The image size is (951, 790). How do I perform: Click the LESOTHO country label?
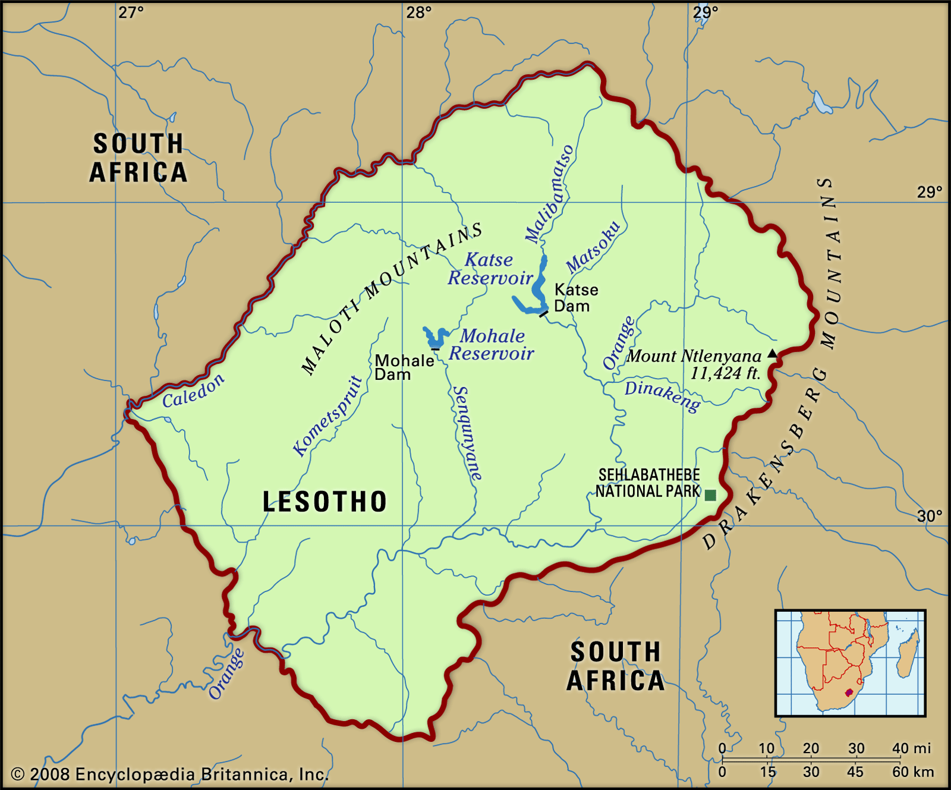click(325, 502)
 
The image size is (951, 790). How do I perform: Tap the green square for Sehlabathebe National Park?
click(710, 495)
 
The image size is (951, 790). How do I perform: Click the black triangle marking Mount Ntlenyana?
click(772, 354)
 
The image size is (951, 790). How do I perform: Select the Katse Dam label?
click(575, 298)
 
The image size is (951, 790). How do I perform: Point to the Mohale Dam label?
click(403, 367)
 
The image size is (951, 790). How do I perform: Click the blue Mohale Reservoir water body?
click(436, 338)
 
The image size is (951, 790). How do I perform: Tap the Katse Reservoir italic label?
click(490, 269)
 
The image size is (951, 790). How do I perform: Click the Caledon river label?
click(194, 391)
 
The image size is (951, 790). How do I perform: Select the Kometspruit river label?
click(328, 416)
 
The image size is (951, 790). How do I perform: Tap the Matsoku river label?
click(593, 247)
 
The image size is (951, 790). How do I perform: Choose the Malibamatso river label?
click(550, 194)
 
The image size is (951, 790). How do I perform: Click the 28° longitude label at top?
click(418, 12)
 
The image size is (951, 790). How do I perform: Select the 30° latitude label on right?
click(929, 515)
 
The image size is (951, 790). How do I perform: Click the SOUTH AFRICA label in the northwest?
click(138, 158)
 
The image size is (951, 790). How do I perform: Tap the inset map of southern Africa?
click(850, 663)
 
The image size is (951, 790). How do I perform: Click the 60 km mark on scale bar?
click(912, 772)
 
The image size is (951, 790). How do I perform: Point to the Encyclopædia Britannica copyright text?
click(170, 774)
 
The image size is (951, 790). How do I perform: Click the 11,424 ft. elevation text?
click(725, 373)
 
